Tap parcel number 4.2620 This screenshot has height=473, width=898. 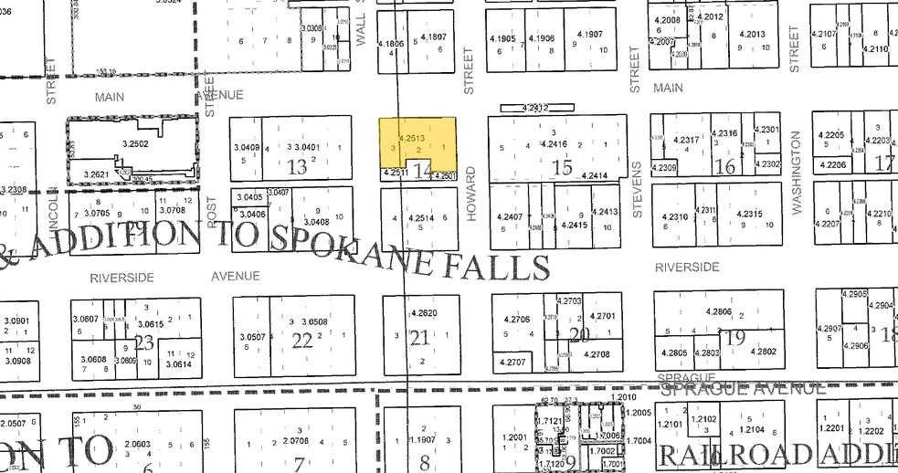coord(425,314)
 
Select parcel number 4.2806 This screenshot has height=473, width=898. coord(719,311)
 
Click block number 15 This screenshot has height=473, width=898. coord(562,167)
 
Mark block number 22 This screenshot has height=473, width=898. coord(301,340)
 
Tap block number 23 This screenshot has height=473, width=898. coord(143,342)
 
